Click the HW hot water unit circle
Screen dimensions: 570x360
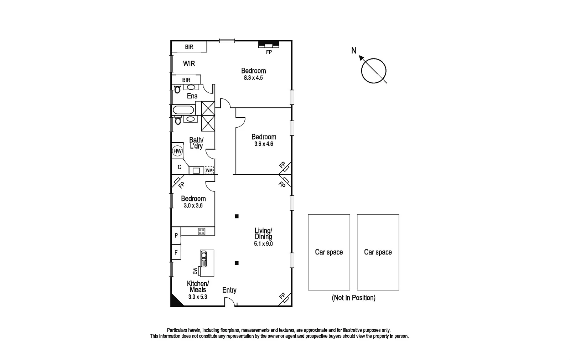click(177, 151)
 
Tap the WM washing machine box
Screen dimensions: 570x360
click(209, 170)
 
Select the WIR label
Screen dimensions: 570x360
click(189, 64)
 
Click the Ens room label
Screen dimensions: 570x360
click(192, 96)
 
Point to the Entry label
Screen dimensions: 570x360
click(229, 290)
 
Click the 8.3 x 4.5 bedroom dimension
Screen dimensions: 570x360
click(253, 78)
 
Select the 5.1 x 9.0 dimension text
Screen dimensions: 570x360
click(263, 244)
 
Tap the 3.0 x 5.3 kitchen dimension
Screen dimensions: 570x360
click(198, 297)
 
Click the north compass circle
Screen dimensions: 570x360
click(374, 71)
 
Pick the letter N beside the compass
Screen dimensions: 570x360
click(354, 51)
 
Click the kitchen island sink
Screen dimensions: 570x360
click(204, 259)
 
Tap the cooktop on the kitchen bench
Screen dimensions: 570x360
click(201, 231)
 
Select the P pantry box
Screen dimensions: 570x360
click(176, 236)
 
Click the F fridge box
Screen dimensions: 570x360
click(176, 253)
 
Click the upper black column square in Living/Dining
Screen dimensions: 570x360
click(237, 216)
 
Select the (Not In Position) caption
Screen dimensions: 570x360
click(353, 298)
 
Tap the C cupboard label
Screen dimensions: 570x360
click(179, 167)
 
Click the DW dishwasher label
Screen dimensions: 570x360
click(195, 271)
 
